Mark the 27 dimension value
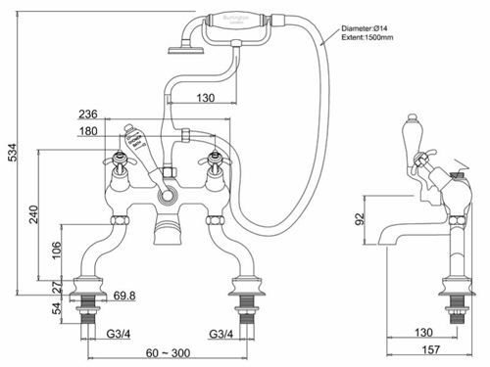pos(55,288)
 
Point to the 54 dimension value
pos(55,308)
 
